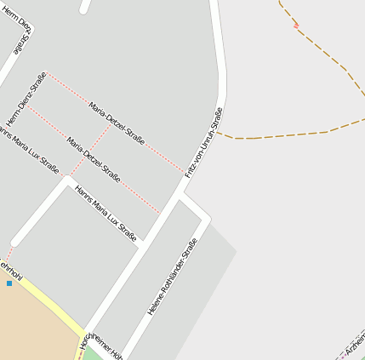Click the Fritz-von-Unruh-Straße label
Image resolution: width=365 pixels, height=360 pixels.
click(x=203, y=142)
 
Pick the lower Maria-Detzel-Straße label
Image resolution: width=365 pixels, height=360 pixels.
click(x=94, y=158)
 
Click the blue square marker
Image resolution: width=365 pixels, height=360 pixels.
click(x=9, y=283)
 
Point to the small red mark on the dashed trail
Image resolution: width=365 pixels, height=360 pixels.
click(x=295, y=26)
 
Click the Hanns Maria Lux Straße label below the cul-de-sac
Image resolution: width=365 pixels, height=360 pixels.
click(x=106, y=213)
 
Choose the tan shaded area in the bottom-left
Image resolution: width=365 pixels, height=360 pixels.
click(x=30, y=328)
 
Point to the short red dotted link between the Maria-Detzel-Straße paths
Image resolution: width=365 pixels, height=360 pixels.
click(x=89, y=151)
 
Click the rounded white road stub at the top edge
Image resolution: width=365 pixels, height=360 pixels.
click(x=84, y=6)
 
